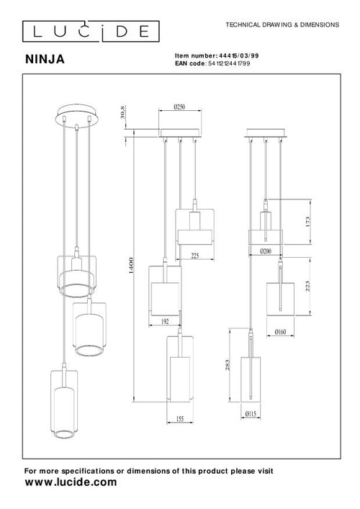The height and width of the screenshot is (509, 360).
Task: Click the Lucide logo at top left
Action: point(85,31)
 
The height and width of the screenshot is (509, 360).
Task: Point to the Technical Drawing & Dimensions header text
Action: point(282,24)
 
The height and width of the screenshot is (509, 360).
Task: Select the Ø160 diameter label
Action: point(280,333)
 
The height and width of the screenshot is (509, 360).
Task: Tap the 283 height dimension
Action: point(228,370)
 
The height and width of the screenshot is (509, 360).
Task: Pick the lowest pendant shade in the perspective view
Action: point(62,403)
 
